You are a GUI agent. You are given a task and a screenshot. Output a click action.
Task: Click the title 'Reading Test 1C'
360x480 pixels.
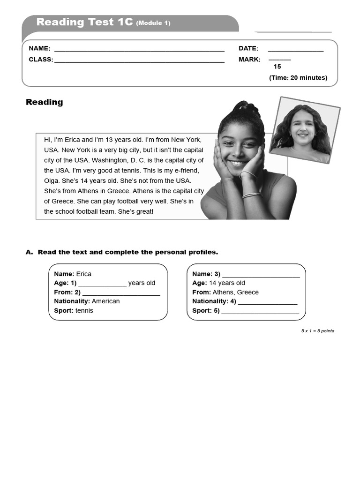pyautogui.click(x=84, y=22)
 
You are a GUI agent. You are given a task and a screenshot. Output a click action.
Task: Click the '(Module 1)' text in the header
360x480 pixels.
pyautogui.click(x=153, y=23)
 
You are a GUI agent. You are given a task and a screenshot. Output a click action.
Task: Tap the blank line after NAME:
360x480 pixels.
pyautogui.click(x=139, y=49)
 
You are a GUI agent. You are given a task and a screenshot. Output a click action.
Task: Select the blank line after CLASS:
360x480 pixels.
pyautogui.click(x=139, y=60)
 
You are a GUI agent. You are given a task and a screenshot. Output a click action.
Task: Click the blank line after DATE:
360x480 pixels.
pyautogui.click(x=295, y=49)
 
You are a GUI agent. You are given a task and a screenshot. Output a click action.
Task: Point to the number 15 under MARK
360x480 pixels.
pyautogui.click(x=277, y=67)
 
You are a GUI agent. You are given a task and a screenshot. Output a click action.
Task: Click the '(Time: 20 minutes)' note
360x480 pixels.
pyautogui.click(x=298, y=78)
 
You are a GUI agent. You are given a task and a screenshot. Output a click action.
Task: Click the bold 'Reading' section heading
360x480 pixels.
pyautogui.click(x=44, y=102)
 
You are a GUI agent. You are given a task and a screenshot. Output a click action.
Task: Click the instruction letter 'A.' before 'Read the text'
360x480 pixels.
pyautogui.click(x=30, y=252)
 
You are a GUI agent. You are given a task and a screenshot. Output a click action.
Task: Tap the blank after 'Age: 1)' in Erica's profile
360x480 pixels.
pyautogui.click(x=102, y=284)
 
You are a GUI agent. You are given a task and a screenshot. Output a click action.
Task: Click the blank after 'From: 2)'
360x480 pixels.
pyautogui.click(x=121, y=293)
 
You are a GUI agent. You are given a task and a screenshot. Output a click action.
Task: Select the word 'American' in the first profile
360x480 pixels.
pyautogui.click(x=105, y=301)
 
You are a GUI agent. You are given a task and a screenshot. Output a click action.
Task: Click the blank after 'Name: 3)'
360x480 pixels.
pyautogui.click(x=261, y=275)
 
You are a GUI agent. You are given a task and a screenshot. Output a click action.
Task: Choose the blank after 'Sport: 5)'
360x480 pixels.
pyautogui.click(x=260, y=311)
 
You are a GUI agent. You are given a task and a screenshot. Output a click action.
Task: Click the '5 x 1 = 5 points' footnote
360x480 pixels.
pyautogui.click(x=317, y=331)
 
